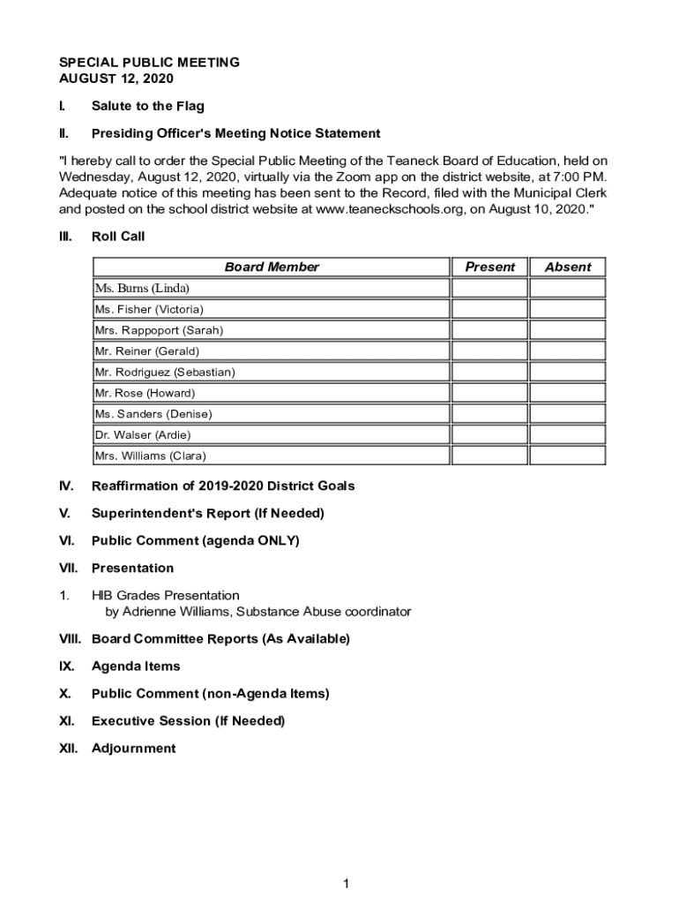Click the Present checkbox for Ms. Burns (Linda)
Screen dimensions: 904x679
click(489, 288)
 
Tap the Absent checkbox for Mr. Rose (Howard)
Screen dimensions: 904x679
click(567, 393)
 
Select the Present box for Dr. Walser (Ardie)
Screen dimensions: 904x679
click(489, 434)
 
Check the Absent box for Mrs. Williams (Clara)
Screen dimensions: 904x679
click(567, 456)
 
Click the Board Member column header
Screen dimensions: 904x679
click(272, 267)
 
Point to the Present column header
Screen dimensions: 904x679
click(489, 267)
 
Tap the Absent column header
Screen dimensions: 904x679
click(567, 267)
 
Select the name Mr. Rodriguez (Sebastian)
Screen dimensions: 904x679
click(165, 372)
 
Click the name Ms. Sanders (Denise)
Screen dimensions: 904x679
click(153, 414)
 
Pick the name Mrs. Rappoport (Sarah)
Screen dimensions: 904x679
click(159, 330)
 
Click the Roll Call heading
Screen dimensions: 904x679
click(118, 237)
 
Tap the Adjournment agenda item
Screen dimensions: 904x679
click(133, 749)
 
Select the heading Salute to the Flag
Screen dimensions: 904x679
click(147, 106)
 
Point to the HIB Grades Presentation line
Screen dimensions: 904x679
click(165, 596)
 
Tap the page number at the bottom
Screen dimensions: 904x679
click(347, 884)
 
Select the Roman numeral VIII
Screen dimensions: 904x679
click(70, 639)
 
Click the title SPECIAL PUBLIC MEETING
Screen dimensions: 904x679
click(149, 63)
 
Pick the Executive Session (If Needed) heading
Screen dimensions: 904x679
click(188, 721)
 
